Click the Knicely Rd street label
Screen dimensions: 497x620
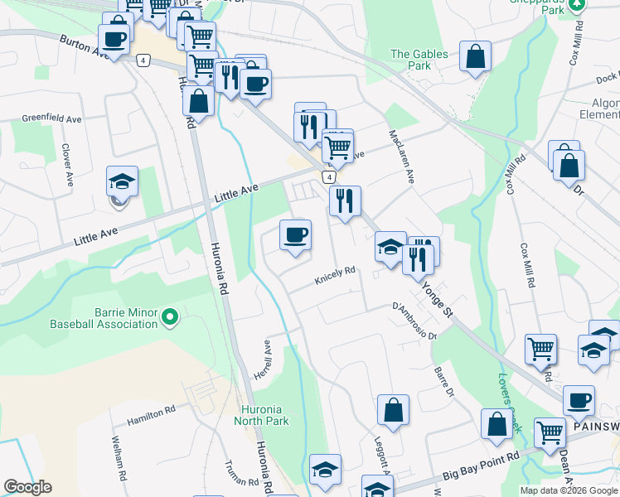[x=335, y=276]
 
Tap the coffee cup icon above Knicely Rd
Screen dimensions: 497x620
[x=295, y=235]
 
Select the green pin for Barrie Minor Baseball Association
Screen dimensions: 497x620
[x=171, y=316]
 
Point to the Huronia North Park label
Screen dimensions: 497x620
[x=264, y=415]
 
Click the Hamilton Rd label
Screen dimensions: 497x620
[x=151, y=415]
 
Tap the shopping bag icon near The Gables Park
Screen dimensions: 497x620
[x=476, y=57]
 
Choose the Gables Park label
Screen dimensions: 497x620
[x=419, y=60]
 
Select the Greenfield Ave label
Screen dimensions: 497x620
[x=51, y=119]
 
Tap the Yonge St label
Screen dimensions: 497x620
[x=437, y=300]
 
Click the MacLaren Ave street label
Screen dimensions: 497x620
[x=401, y=156]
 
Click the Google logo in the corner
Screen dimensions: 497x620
[x=27, y=487]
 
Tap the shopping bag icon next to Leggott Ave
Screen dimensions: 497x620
[x=393, y=410]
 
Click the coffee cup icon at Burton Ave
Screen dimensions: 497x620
[x=114, y=37]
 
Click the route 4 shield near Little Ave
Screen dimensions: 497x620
[x=329, y=177]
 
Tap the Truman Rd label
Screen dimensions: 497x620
[x=242, y=472]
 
